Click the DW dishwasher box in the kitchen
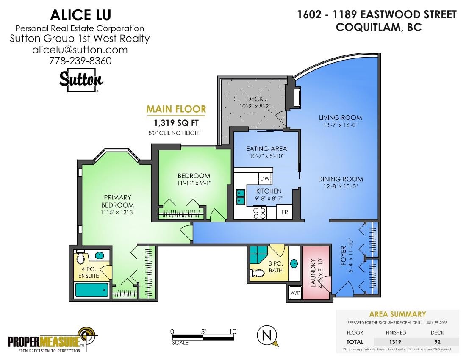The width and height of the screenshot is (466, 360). [x=265, y=178]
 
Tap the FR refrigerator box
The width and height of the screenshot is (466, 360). [x=285, y=212]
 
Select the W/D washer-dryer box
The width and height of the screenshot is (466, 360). [x=295, y=293]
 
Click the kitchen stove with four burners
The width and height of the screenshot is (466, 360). [x=259, y=212]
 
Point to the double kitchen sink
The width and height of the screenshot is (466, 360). [x=241, y=197]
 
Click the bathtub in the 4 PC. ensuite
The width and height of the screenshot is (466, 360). [x=92, y=290]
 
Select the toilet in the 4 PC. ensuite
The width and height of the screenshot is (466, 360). [x=80, y=258]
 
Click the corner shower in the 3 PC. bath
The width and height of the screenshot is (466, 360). [x=258, y=255]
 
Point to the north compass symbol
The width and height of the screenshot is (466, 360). [x=267, y=335]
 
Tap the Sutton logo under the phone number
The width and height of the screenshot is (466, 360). [x=81, y=80]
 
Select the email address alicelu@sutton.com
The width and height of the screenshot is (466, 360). [x=80, y=50]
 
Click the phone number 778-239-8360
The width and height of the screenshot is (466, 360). [x=80, y=61]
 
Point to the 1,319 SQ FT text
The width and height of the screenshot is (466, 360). [x=176, y=123]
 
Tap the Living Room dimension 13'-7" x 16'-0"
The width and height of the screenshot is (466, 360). [x=340, y=125]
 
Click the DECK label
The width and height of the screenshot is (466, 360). [x=255, y=99]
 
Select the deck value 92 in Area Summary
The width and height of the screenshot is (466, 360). [x=437, y=342]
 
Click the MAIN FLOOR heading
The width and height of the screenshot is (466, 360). [x=176, y=109]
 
